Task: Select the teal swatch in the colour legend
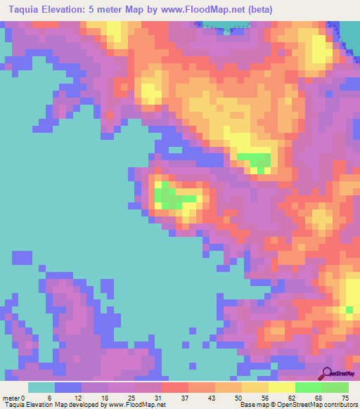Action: pos(41,387)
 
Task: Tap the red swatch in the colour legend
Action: pos(175,387)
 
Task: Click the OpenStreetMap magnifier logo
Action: pos(326,373)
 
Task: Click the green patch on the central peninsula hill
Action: pos(169,196)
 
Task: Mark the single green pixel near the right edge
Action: pos(349,309)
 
